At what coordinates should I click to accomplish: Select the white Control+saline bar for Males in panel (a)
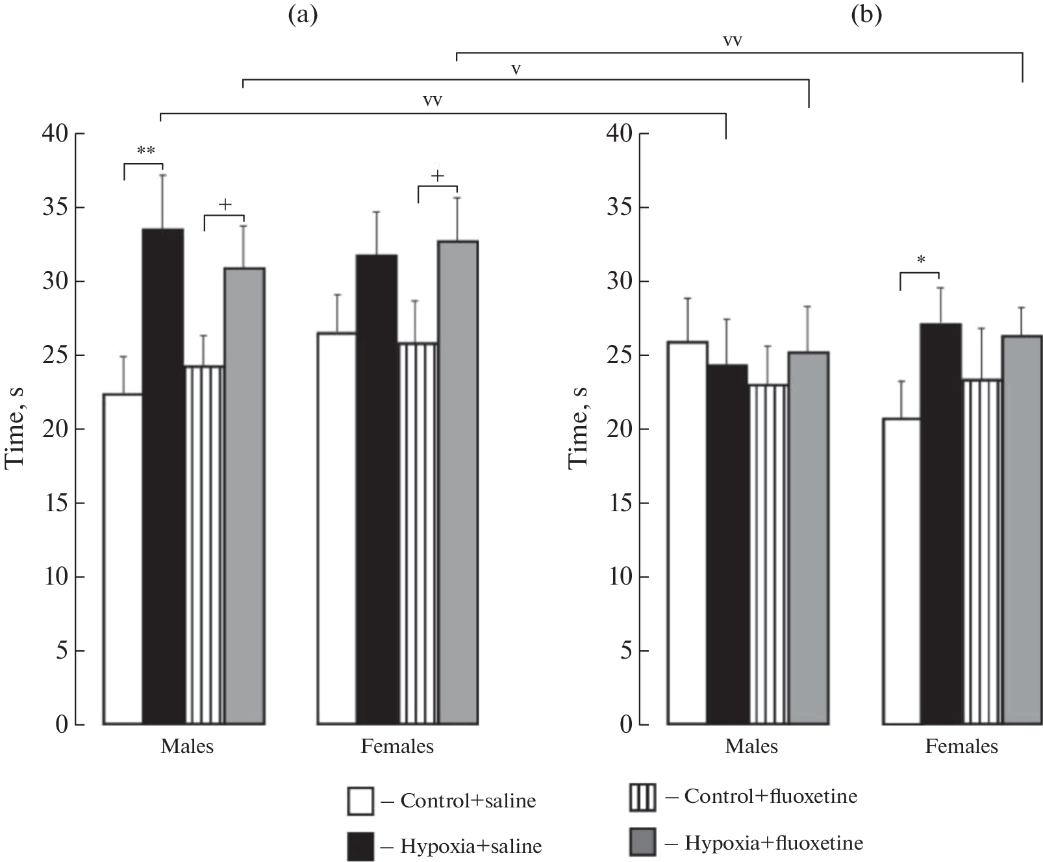point(123,559)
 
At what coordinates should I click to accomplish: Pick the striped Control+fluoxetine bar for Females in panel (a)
point(418,533)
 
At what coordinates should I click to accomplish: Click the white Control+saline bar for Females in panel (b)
point(901,571)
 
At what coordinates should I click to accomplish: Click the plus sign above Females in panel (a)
point(438,175)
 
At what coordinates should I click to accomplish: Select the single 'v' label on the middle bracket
point(516,69)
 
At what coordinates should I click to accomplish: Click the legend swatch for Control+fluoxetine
point(642,798)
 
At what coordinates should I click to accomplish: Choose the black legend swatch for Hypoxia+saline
point(360,846)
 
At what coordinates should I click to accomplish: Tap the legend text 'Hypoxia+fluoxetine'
point(773,843)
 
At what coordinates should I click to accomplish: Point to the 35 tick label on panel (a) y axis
point(56,208)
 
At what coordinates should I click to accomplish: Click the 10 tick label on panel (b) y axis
point(620,577)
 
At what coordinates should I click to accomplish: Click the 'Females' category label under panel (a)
point(397,746)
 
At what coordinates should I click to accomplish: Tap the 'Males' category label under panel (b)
point(751,746)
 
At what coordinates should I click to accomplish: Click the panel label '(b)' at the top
point(866,16)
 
